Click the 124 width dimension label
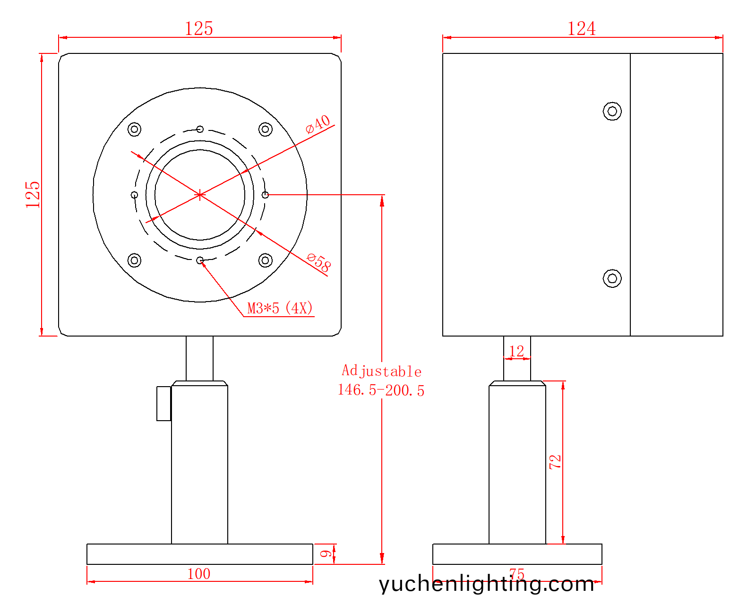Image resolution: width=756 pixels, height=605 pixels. pos(582,29)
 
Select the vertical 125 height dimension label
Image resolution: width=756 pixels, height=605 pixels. pos(33,194)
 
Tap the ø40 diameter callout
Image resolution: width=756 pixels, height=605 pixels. pos(318,124)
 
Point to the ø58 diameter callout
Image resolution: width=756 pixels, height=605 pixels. pos(319,262)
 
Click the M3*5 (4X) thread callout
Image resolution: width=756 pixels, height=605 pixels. pos(280,309)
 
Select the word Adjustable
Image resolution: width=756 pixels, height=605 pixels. pos(381,371)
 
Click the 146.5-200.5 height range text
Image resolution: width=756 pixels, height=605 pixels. pos(381,390)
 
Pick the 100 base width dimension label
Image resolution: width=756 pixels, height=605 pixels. pos(199,574)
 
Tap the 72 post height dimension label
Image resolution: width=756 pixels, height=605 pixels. pos(555,462)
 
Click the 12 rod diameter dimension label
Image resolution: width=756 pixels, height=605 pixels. pos(516,351)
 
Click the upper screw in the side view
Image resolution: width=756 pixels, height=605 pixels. pos(612,112)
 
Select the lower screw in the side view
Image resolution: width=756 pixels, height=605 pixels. pos(612,278)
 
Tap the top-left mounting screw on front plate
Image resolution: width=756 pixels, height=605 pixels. pos(135,129)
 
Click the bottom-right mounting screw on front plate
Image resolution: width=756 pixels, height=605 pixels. pos(266,260)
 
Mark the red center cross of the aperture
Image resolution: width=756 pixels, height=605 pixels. pos(200,195)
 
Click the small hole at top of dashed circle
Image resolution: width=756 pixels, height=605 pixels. pos(200,129)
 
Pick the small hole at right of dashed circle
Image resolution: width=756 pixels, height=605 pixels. pos(266,195)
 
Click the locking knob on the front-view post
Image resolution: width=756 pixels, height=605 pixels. pos(164,403)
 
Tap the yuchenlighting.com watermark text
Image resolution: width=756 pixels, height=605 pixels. pos(486,584)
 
